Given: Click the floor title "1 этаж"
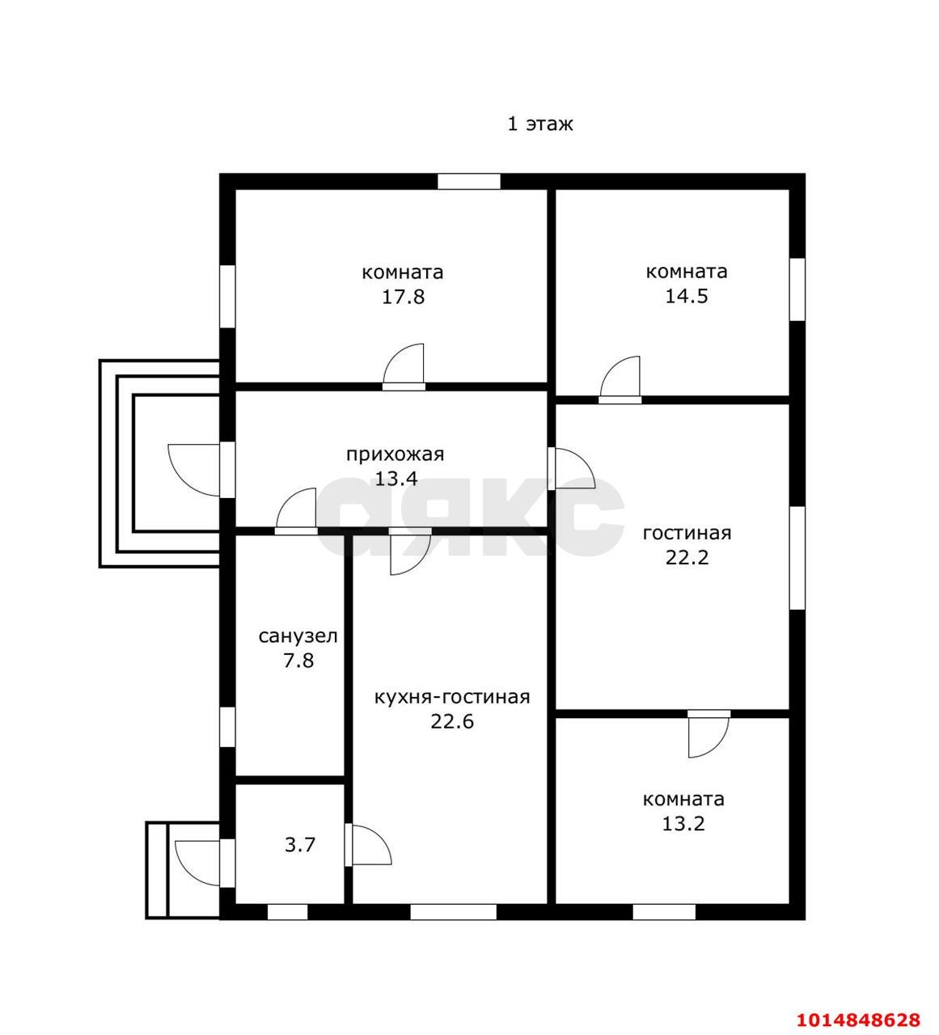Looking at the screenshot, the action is [540, 125].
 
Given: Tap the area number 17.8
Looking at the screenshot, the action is [403, 298].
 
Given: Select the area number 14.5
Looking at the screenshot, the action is [686, 296].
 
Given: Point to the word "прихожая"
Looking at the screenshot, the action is [395, 454].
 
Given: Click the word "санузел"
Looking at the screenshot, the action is [298, 636].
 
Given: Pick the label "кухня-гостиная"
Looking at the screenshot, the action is [451, 697].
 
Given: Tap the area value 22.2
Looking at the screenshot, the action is [687, 557].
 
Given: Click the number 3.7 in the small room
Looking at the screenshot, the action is [300, 845].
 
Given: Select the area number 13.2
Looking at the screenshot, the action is [683, 823].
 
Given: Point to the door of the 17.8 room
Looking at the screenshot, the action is [404, 367].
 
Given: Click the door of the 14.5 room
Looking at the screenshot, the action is [620, 380].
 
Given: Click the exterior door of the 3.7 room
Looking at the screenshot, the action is [205, 864].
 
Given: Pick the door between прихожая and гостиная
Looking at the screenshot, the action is [572, 468].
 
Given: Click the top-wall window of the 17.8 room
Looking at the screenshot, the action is [469, 181].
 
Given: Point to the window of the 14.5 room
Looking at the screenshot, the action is [797, 289].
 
